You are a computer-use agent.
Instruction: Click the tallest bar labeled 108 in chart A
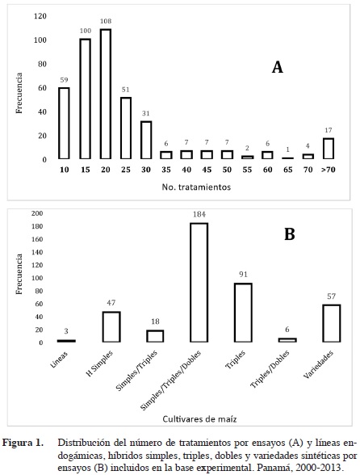(x=106, y=94)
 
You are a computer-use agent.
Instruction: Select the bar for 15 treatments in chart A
(x=85, y=99)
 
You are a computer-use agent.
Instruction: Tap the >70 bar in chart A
(x=329, y=149)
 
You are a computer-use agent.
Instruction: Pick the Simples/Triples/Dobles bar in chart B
(x=199, y=283)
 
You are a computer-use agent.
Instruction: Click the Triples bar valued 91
(x=243, y=313)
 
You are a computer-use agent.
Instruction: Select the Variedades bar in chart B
(x=331, y=323)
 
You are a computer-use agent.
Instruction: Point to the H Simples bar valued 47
(x=111, y=327)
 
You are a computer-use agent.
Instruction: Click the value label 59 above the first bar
(x=65, y=80)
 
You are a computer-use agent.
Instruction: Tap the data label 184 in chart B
(x=199, y=215)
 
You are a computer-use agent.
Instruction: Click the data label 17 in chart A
(x=329, y=130)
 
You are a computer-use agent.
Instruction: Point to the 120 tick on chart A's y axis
(x=40, y=16)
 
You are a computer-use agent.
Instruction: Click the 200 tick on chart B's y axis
(x=37, y=213)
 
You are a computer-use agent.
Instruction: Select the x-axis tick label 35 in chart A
(x=166, y=170)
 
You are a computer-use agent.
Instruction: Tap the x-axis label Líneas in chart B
(x=59, y=359)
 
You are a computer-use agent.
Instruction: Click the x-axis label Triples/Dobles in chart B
(x=270, y=369)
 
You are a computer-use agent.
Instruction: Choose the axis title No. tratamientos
(x=196, y=187)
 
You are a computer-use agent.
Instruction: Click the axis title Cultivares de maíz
(x=199, y=419)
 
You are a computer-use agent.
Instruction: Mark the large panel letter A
(x=278, y=67)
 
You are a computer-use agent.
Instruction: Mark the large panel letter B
(x=290, y=234)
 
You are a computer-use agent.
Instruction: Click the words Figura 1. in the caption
(x=23, y=443)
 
